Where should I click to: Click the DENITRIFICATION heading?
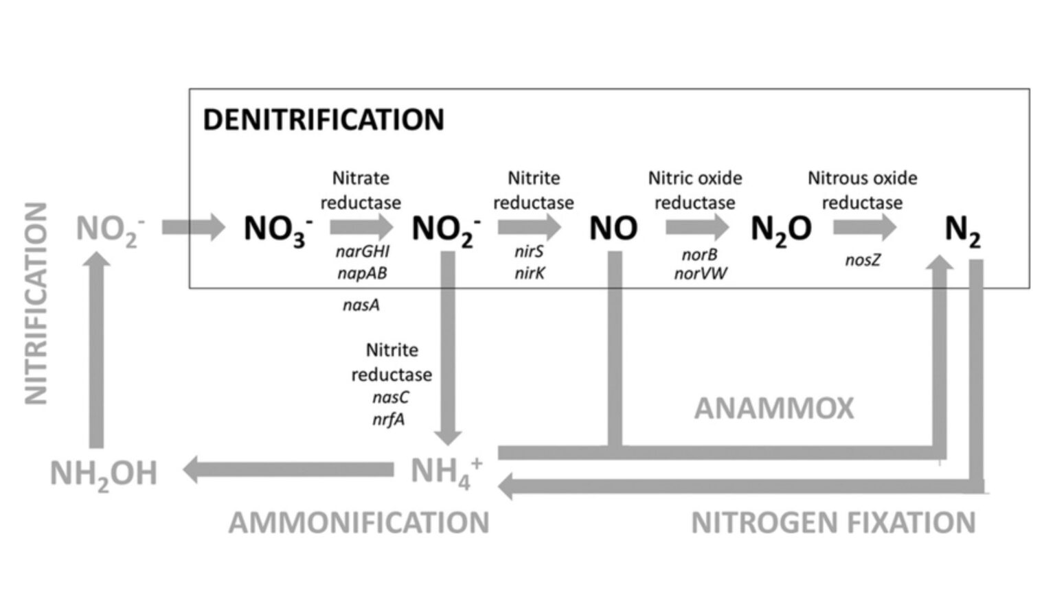point(324,120)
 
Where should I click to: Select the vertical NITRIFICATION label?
point(36,303)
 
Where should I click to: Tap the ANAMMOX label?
point(774,409)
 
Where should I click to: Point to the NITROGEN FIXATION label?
point(833,523)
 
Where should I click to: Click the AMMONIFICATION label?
point(359,523)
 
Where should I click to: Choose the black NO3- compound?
point(278,229)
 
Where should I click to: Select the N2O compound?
point(781,229)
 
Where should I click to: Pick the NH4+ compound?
point(446,472)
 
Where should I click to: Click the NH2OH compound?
point(104,474)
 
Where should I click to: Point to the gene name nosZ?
point(863,260)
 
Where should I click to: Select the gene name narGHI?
point(363,252)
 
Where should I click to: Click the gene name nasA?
point(361,305)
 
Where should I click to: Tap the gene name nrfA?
point(389,419)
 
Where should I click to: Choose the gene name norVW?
point(701,274)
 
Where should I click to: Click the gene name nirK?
point(530,274)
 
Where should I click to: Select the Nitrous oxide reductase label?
point(862,190)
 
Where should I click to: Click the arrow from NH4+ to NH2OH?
point(288,470)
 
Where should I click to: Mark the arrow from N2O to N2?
point(865,227)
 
